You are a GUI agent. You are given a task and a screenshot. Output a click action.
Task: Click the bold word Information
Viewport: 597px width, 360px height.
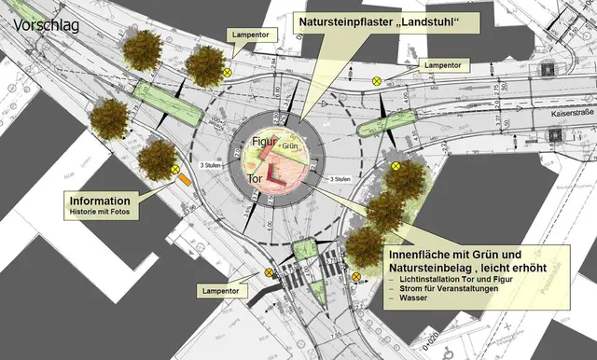98,201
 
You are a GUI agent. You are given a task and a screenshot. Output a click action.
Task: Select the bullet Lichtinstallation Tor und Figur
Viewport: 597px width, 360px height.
456,284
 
